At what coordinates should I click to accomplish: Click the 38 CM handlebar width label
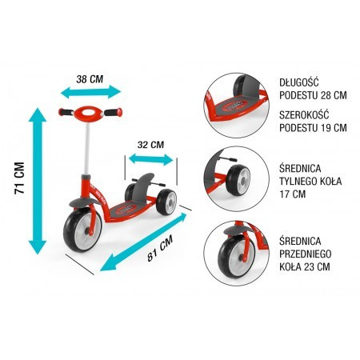(x=90, y=79)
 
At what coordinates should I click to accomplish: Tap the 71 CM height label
(x=20, y=178)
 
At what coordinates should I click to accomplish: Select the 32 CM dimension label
(x=150, y=145)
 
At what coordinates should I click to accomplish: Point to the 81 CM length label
(x=160, y=248)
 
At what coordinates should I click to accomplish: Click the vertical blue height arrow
(x=38, y=181)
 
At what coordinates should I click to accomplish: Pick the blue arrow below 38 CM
(x=90, y=92)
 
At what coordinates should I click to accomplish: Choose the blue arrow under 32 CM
(x=151, y=159)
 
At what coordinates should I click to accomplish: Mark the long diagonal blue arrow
(x=143, y=242)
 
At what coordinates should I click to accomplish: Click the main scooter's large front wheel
(x=82, y=230)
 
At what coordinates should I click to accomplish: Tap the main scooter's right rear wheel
(x=166, y=202)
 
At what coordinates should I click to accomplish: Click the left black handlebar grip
(x=66, y=112)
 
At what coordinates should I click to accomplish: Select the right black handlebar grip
(x=114, y=112)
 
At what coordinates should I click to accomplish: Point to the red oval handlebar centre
(x=89, y=113)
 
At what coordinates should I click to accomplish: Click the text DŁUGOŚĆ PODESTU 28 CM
(x=313, y=89)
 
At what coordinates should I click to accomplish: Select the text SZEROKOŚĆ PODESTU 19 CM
(x=313, y=122)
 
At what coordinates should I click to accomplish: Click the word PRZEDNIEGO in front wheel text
(x=306, y=254)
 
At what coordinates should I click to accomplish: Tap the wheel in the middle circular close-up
(x=238, y=180)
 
